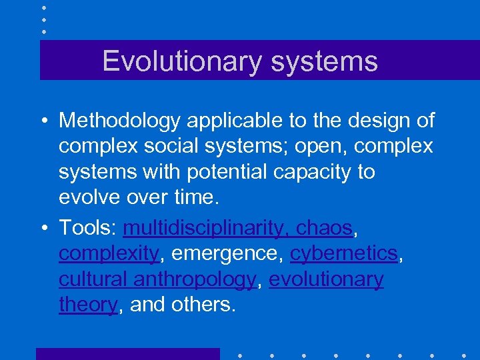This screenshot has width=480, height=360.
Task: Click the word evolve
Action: click(88, 197)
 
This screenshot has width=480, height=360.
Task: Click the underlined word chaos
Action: click(324, 228)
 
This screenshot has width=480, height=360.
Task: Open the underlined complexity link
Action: click(108, 254)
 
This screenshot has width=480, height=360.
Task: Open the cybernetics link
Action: click(344, 254)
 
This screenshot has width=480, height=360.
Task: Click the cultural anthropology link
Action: click(157, 279)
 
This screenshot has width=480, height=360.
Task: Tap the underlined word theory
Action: click(88, 305)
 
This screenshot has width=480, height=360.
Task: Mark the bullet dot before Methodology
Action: click(43, 121)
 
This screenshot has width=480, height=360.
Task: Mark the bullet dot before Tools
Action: click(43, 229)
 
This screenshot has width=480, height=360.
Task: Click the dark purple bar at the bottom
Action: click(127, 354)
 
